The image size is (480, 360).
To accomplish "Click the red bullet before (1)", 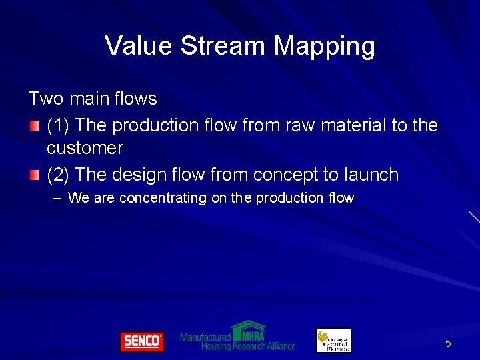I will click(x=35, y=125).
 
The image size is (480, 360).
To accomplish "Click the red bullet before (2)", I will click(x=35, y=175).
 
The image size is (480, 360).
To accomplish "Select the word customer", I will click(x=85, y=147).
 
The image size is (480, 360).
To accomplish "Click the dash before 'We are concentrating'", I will click(x=56, y=198).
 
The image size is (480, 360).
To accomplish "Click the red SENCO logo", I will click(x=141, y=341).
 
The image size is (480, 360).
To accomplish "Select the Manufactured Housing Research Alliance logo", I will click(x=237, y=337).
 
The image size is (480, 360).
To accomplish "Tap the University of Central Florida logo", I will click(x=333, y=340).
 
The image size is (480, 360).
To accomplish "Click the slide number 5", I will click(x=448, y=343).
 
